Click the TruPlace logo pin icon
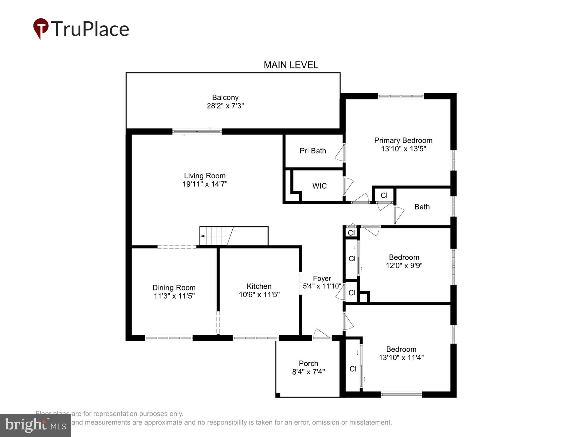pyautogui.click(x=41, y=28)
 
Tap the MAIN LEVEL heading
pyautogui.click(x=291, y=65)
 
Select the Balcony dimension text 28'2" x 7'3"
pyautogui.click(x=225, y=106)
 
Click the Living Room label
pyautogui.click(x=205, y=176)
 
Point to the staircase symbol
pyautogui.click(x=217, y=236)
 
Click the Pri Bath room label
pyautogui.click(x=313, y=151)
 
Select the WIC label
pyautogui.click(x=319, y=186)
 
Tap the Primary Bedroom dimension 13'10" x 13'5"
pyautogui.click(x=403, y=149)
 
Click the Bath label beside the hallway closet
pyautogui.click(x=422, y=207)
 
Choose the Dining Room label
pyautogui.click(x=174, y=288)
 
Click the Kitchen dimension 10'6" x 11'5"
pyautogui.click(x=259, y=295)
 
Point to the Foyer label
pyautogui.click(x=322, y=278)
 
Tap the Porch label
pyautogui.click(x=308, y=363)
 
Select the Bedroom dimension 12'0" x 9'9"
pyautogui.click(x=404, y=265)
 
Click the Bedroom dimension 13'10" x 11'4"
pyautogui.click(x=401, y=357)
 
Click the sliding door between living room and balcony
pyautogui.click(x=197, y=132)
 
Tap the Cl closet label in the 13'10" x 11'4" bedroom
pyautogui.click(x=353, y=369)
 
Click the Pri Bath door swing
pyautogui.click(x=340, y=153)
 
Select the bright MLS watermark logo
pyautogui.click(x=36, y=425)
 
